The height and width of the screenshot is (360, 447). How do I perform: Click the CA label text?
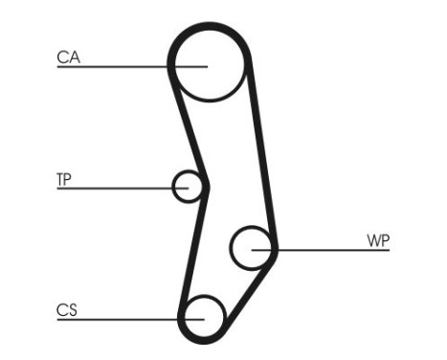68,57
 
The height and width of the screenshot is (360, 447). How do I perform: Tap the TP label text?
65,178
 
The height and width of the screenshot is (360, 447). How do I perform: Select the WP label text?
378,239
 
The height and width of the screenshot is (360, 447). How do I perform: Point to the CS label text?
67,309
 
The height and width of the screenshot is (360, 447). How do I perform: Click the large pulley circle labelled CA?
210,63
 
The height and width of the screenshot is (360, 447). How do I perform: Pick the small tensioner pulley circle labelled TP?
189,186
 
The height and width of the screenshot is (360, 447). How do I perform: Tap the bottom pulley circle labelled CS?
204,315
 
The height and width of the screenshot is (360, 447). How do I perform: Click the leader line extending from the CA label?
115,67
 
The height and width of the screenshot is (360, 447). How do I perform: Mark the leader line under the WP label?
335,250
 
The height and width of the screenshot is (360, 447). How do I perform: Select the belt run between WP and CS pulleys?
247,292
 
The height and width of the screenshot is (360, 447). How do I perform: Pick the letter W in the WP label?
372,239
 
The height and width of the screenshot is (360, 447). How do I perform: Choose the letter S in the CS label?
73,309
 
